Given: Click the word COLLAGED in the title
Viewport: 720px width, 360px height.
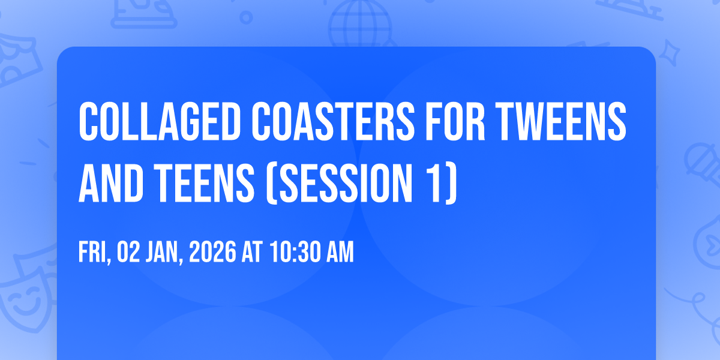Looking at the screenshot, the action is pyautogui.click(x=160, y=121).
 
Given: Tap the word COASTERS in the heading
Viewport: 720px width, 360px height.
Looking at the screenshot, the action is pyautogui.click(x=333, y=121).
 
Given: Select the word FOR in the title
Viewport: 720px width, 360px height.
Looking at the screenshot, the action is pyautogui.click(x=455, y=121).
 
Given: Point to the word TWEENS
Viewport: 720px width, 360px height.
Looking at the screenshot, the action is pyautogui.click(x=561, y=121).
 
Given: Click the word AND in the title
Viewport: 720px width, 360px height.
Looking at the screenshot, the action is pyautogui.click(x=111, y=184).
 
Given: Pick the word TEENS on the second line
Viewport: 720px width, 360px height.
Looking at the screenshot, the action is pyautogui.click(x=204, y=184).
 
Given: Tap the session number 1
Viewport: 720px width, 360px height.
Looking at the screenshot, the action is pyautogui.click(x=437, y=184).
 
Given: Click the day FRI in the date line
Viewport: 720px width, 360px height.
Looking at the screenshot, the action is pyautogui.click(x=95, y=253).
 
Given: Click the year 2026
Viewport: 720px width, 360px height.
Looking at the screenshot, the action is pyautogui.click(x=212, y=252).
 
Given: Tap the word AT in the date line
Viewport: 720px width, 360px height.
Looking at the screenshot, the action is pyautogui.click(x=252, y=252).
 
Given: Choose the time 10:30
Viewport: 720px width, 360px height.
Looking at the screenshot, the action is pyautogui.click(x=295, y=252).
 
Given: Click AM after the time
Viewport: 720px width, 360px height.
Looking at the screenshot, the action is pyautogui.click(x=340, y=252).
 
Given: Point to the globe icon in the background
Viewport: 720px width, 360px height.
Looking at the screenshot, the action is pyautogui.click(x=360, y=24).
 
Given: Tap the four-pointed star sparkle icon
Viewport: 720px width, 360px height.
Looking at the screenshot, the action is pyautogui.click(x=670, y=52).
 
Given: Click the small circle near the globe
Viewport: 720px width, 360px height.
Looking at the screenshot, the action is pyautogui.click(x=246, y=17).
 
